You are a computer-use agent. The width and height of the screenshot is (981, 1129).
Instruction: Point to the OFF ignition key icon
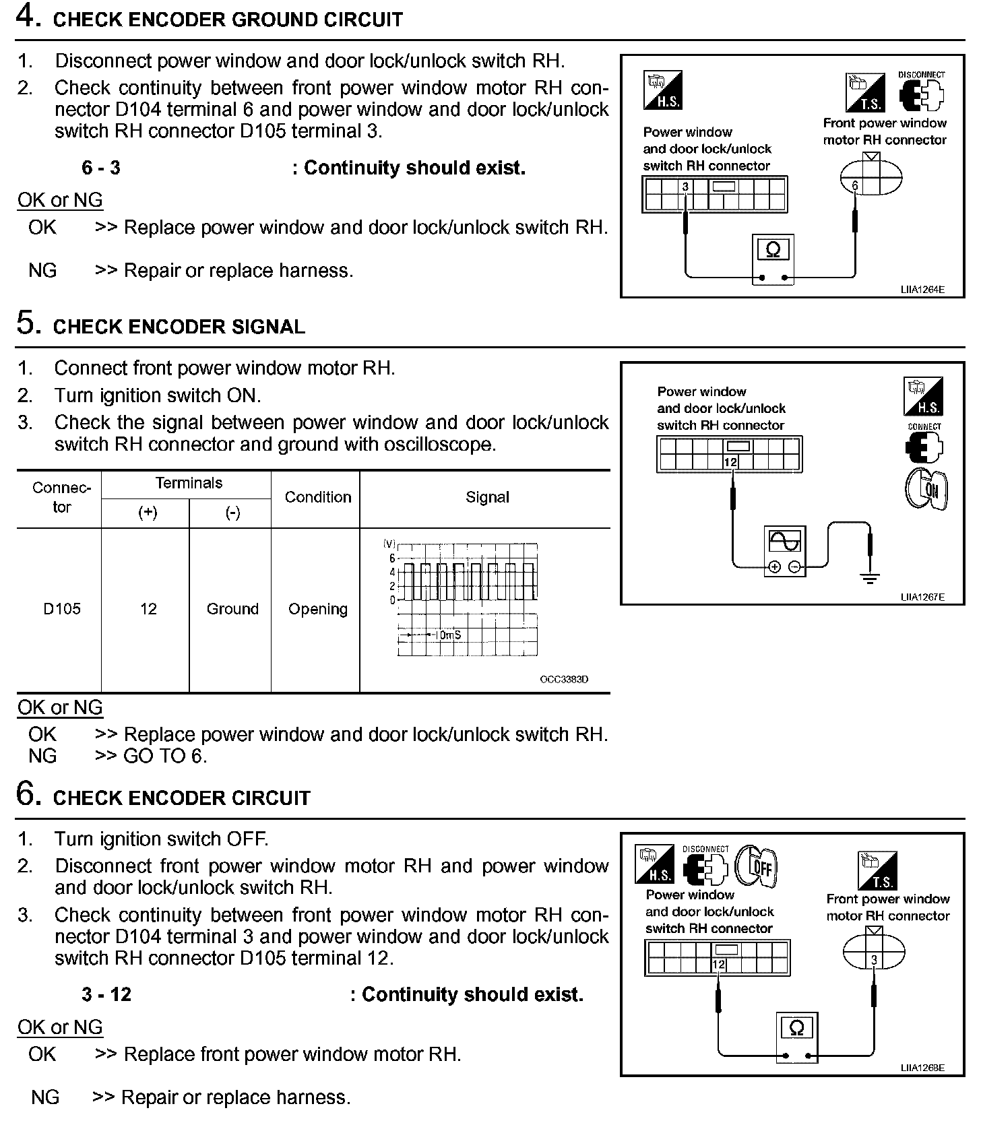pos(757,866)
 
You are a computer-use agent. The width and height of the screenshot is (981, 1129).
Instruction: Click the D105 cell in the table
pos(61,609)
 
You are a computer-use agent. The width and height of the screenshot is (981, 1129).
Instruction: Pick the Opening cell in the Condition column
pos(318,609)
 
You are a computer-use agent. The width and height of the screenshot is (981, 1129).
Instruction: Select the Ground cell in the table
pos(232,609)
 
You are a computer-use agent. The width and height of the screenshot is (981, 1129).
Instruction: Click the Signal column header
pos(487,497)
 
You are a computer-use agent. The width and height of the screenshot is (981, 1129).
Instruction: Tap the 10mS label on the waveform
pos(447,635)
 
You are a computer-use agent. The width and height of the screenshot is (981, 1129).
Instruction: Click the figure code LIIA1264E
pos(922,290)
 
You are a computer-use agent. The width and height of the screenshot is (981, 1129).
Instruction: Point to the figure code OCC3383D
pos(564,679)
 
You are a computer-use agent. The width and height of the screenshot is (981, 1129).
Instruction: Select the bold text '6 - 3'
pos(101,168)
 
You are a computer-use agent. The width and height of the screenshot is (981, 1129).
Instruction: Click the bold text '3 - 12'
pos(106,994)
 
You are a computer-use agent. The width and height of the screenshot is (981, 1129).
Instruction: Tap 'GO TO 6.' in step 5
pos(165,756)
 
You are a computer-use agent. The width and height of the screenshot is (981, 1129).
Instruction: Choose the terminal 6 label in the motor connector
pos(855,185)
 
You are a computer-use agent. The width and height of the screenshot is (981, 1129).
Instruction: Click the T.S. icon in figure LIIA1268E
pos(879,871)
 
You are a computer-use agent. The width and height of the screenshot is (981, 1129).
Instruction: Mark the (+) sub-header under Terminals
pos(147,513)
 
